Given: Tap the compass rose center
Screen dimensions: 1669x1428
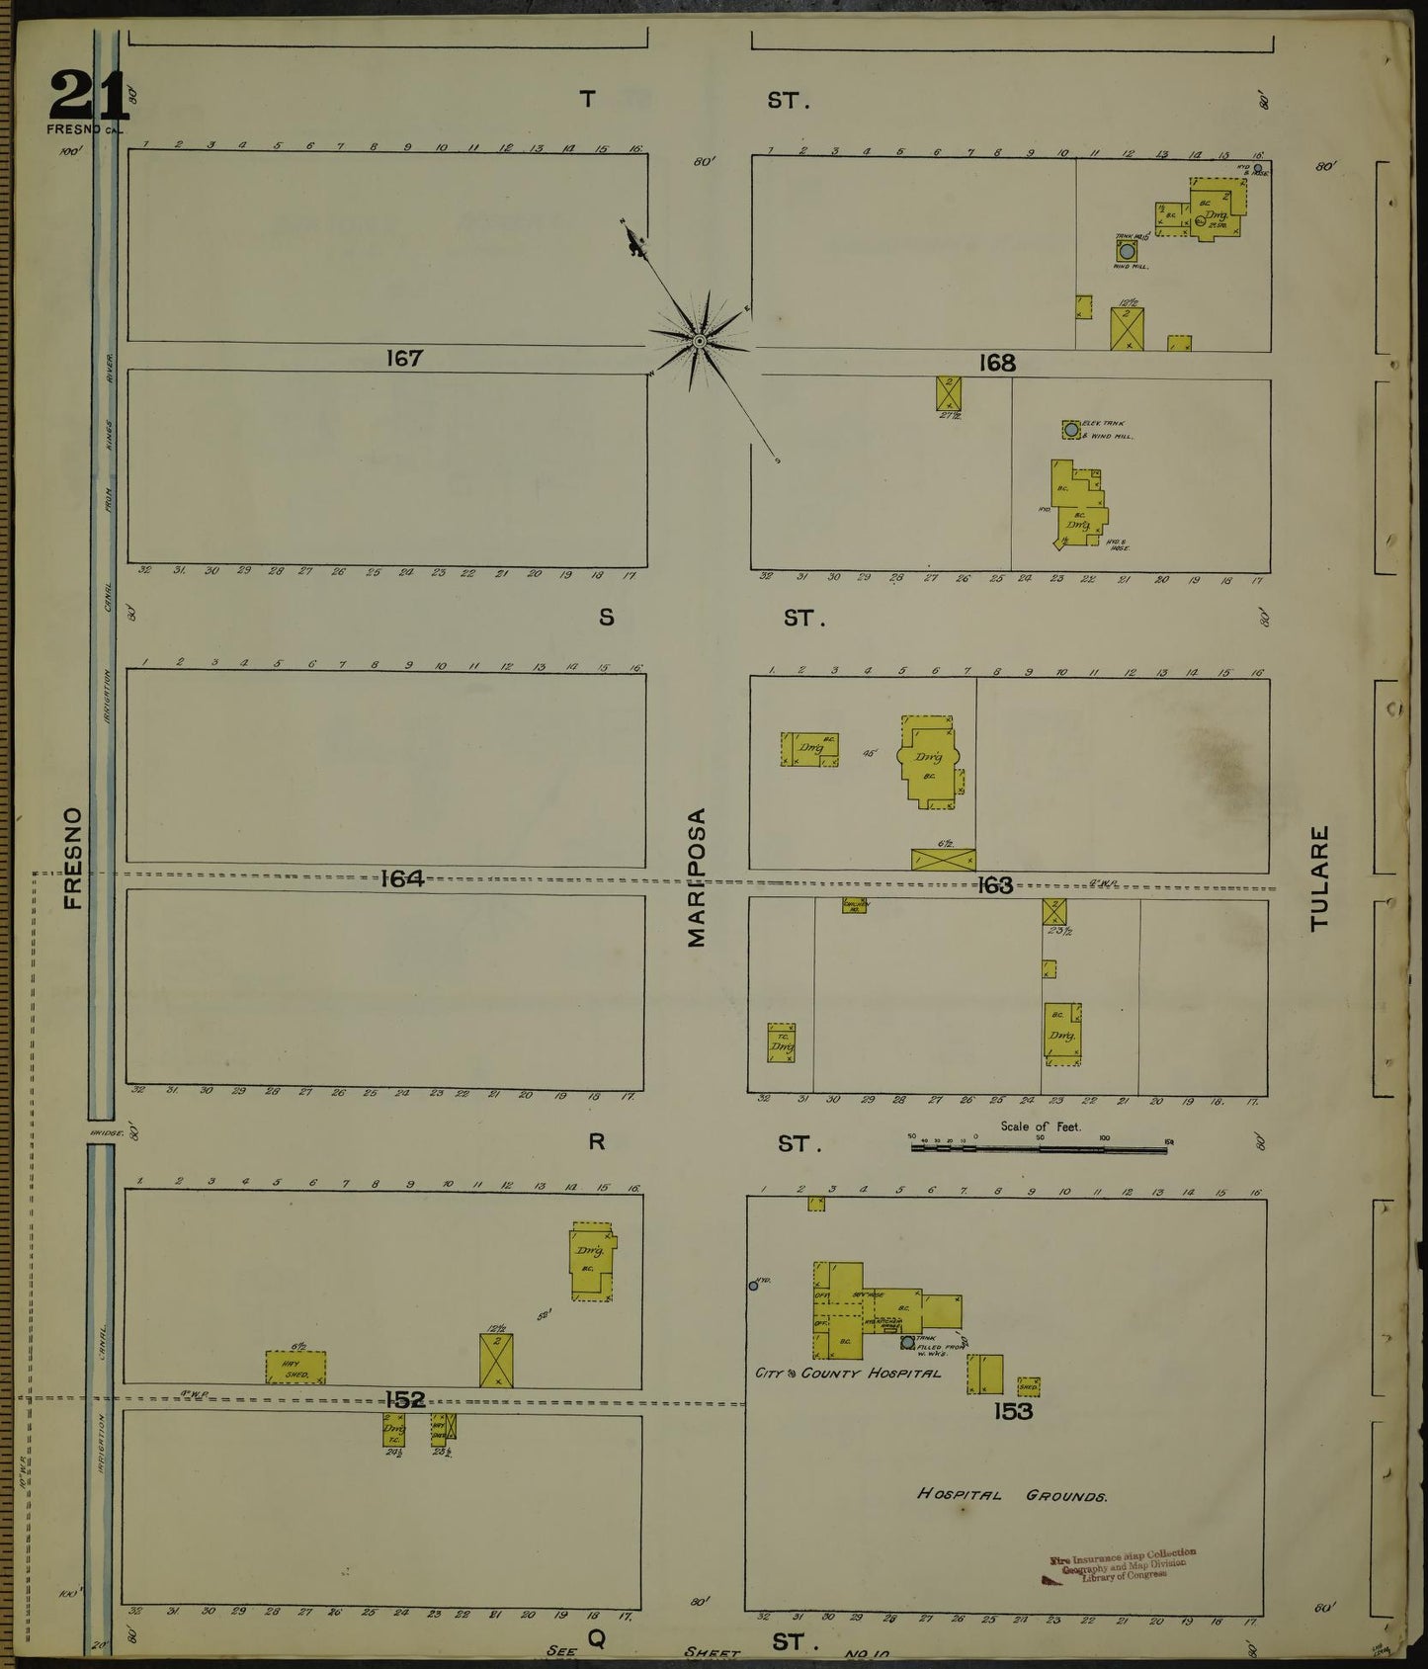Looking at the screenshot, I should coord(699,341).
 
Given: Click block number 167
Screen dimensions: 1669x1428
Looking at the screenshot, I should coord(404,358).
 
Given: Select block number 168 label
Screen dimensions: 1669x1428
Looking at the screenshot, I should coord(997,363).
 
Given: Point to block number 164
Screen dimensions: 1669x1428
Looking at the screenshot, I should coord(402,878).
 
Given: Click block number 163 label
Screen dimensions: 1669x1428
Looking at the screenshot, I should coord(995,885).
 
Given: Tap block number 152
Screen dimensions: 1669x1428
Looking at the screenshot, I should coord(405,1399).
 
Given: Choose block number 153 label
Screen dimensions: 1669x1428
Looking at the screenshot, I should coord(1013,1411).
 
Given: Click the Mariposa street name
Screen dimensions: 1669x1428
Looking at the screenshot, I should coord(698,877).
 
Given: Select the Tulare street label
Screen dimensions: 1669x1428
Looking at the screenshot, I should coord(1320,877).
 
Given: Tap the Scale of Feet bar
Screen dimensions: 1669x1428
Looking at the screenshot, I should coord(1038,1148).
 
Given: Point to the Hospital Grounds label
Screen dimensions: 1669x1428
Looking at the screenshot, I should coord(1012,1495).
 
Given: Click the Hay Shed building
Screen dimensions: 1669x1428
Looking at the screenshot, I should coord(295,1368).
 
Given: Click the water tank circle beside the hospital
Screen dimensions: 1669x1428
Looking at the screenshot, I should coord(907,1342).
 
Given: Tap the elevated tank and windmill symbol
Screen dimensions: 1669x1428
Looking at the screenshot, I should coord(1071,430).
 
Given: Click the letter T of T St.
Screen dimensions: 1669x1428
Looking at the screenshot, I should coord(588,99).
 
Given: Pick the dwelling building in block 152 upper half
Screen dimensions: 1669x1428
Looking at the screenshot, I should coord(592,1261).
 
